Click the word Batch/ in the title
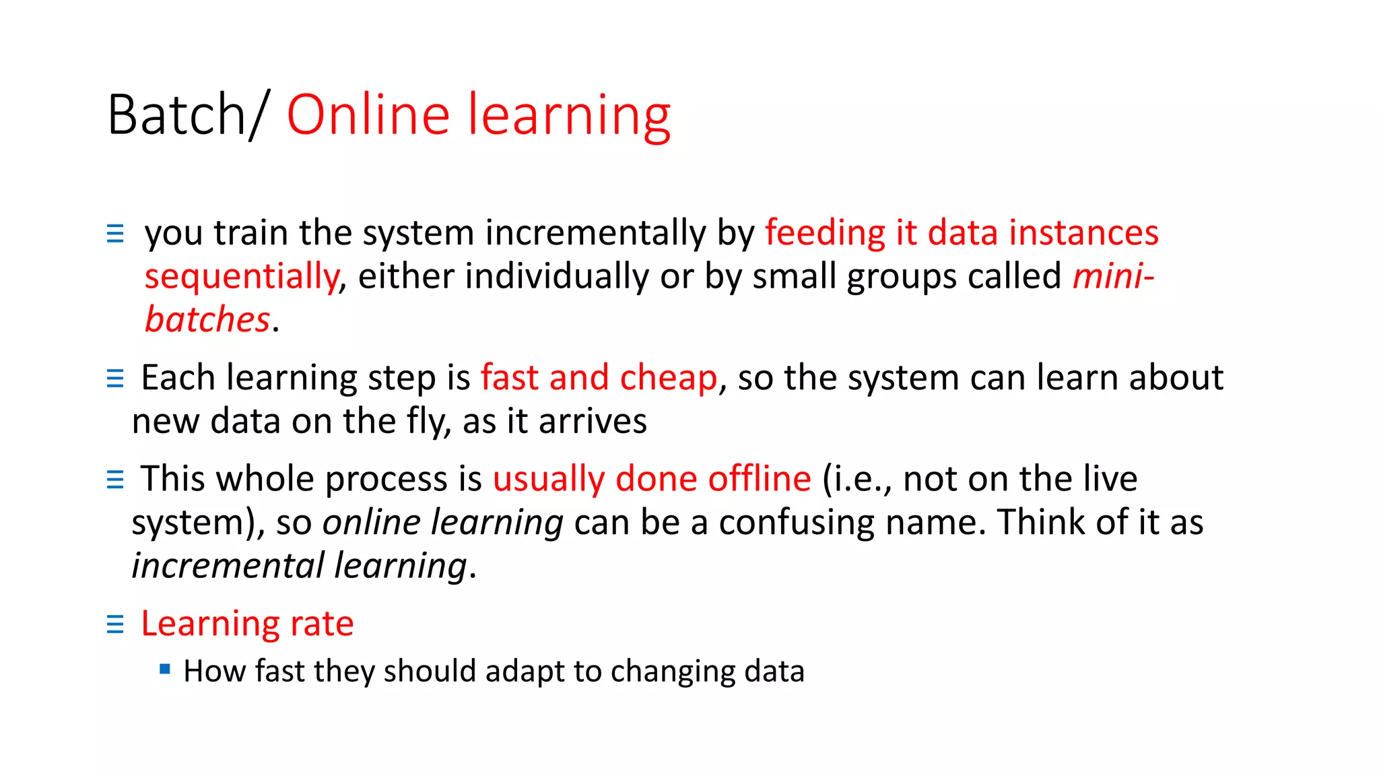pos(188,115)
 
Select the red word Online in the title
pos(368,115)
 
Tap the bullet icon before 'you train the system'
pos(115,234)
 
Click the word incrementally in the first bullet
pos(595,233)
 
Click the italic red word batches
pos(207,319)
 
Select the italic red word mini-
pos(1113,276)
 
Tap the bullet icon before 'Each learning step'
pos(115,379)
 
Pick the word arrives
pos(592,422)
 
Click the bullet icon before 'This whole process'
pos(115,480)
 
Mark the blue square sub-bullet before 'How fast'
pos(165,669)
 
